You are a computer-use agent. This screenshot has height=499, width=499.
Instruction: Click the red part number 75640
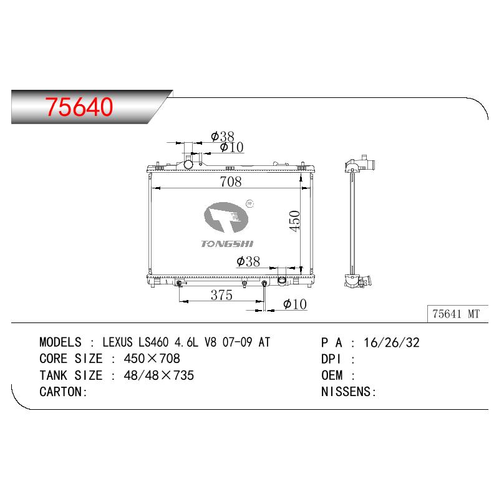pyautogui.click(x=79, y=107)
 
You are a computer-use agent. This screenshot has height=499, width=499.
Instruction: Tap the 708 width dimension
pyautogui.click(x=230, y=182)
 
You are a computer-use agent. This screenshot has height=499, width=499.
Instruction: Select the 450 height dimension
pyautogui.click(x=294, y=221)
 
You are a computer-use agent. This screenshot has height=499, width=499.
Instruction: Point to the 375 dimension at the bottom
pyautogui.click(x=221, y=295)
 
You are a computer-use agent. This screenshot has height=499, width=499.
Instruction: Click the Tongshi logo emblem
pyautogui.click(x=226, y=217)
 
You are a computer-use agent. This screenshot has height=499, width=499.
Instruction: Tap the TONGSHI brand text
pyautogui.click(x=227, y=244)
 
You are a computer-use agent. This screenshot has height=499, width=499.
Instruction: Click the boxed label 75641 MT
pyautogui.click(x=456, y=314)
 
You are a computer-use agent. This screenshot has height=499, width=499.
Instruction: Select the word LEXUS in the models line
pyautogui.click(x=117, y=342)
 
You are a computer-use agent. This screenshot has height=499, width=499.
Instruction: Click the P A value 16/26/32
pyautogui.click(x=392, y=342)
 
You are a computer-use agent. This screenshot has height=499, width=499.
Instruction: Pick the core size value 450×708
pyautogui.click(x=152, y=359)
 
